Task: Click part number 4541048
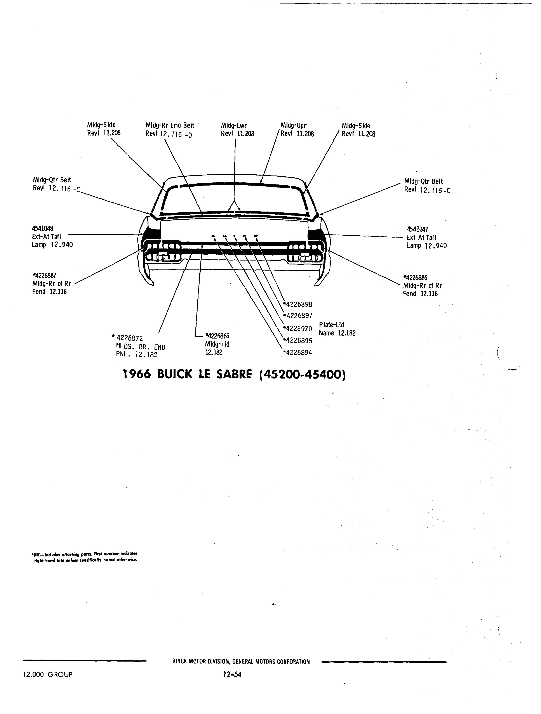coord(43,229)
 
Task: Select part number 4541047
coord(417,229)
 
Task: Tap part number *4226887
coord(44,275)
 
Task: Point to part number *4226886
coord(416,278)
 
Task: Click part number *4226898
coord(298,304)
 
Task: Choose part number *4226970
coord(298,329)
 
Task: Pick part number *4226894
coord(298,353)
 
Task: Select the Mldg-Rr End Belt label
coord(170,125)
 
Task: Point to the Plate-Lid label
coord(332,325)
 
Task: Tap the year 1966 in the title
coord(137,374)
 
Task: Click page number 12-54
coord(231,674)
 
